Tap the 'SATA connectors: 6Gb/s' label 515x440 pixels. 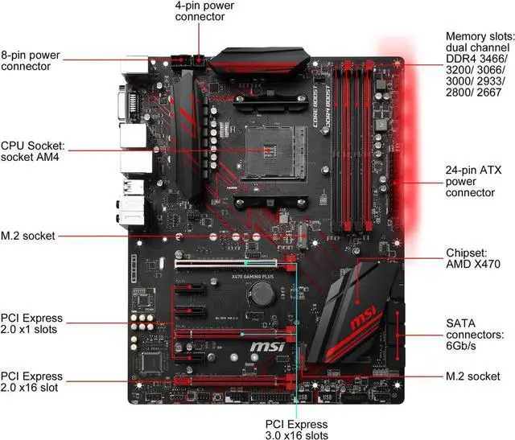click(476, 334)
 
